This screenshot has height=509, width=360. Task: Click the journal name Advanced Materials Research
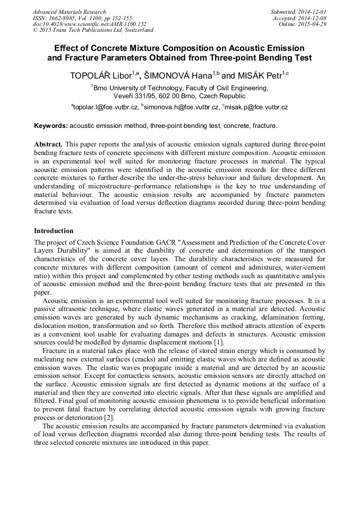[69, 12]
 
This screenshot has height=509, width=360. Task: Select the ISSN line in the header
[82, 18]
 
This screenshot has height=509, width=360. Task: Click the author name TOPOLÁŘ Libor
[98, 76]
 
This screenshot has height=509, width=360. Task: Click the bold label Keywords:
[51, 126]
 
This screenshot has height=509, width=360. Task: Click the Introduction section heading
[54, 231]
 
